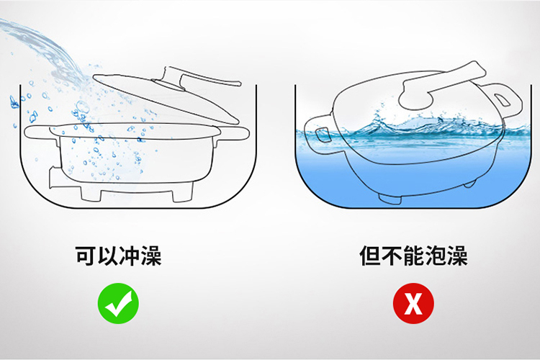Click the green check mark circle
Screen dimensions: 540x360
coord(118,303)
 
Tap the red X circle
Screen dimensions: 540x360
coord(413,303)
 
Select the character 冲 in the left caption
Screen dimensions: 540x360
coord(129,256)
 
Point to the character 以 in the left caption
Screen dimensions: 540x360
coord(108,256)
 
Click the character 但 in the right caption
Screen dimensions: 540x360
coord(370,256)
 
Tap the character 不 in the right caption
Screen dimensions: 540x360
coord(392,256)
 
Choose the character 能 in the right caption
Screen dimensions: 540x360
coord(413,256)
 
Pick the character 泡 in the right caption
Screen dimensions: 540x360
coord(435,256)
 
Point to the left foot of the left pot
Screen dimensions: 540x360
coord(91,194)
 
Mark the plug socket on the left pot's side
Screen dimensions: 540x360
coord(55,178)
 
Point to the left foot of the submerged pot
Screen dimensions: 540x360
coord(390,199)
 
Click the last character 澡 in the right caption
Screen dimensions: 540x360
coord(456,256)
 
